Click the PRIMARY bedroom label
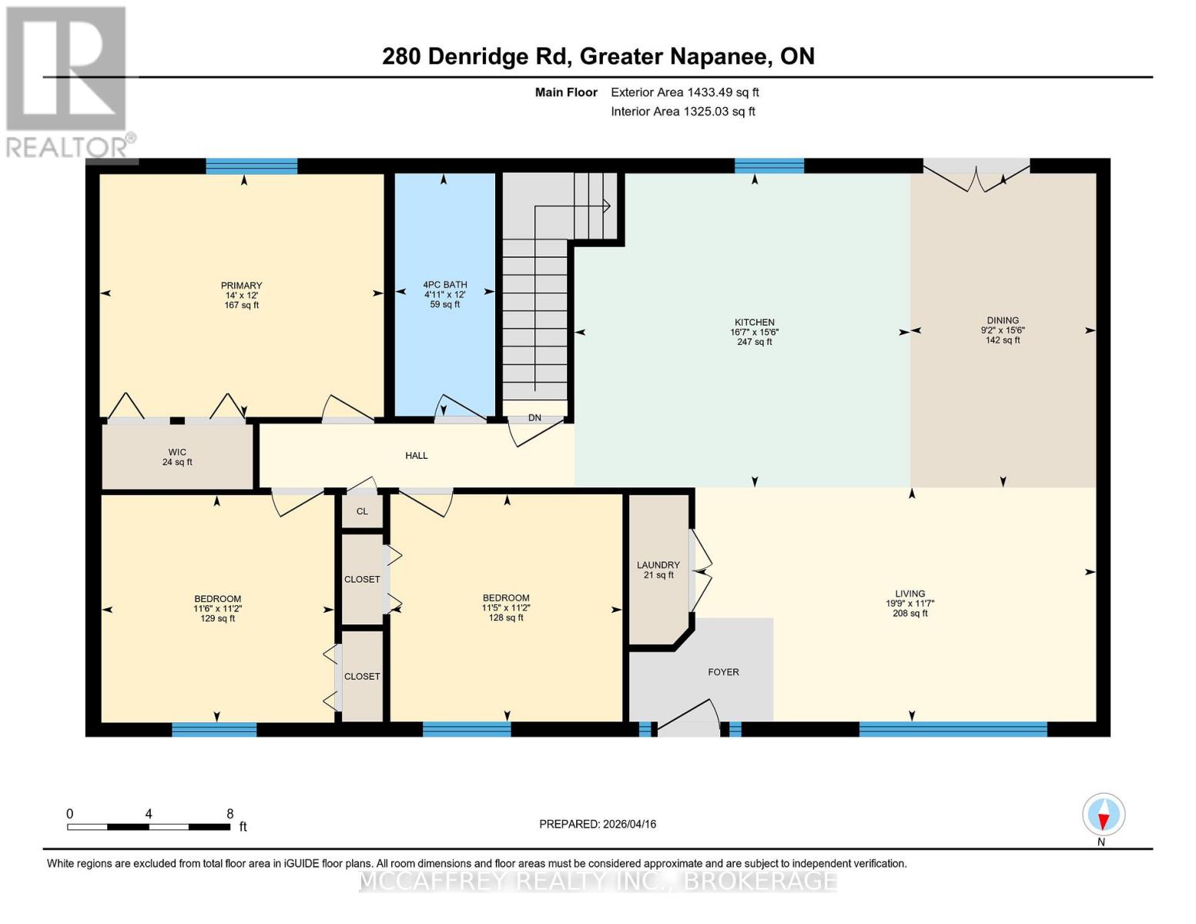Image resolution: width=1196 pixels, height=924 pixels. tap(241, 285)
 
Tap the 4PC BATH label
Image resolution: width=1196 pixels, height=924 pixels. tap(444, 285)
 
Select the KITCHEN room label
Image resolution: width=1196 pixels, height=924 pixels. tap(754, 322)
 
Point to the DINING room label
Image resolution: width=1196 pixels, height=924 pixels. tap(1003, 320)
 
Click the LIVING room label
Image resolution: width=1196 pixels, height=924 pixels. tap(910, 593)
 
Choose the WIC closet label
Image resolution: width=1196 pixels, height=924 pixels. tap(177, 452)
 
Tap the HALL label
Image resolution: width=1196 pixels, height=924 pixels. tap(416, 455)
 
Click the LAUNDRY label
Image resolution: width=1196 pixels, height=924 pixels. tap(658, 564)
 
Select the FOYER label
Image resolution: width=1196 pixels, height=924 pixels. tap(723, 672)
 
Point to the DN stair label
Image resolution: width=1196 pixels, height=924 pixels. tap(534, 417)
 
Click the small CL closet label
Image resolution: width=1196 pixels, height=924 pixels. tap(362, 511)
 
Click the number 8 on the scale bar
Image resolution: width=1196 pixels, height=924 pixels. tap(230, 813)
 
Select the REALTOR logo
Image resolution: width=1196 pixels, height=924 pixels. tap(69, 82)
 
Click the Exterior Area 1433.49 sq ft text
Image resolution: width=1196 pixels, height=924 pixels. tap(685, 92)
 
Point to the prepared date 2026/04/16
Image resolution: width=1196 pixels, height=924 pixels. tap(629, 824)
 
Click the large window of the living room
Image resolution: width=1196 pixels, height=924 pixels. tap(953, 729)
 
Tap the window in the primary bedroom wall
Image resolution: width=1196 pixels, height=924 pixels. tap(252, 166)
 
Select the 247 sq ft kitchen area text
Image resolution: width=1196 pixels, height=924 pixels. tap(754, 342)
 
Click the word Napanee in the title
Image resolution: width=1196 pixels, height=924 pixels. tap(720, 57)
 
